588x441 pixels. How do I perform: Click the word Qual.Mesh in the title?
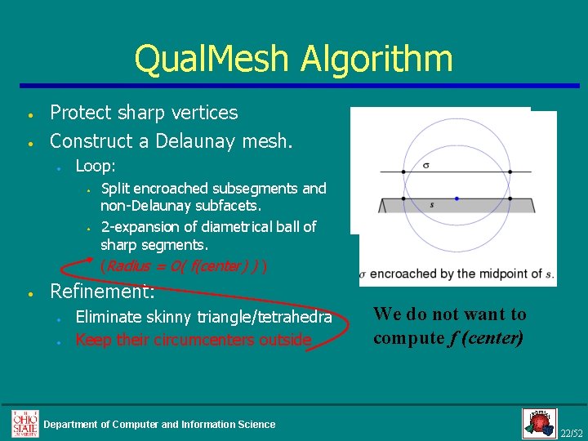[x=212, y=60]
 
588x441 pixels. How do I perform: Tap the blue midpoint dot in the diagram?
[x=457, y=198]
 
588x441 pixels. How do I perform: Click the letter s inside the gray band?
[x=431, y=204]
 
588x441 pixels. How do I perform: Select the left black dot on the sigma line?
[x=403, y=172]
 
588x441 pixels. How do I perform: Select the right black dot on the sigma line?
[x=510, y=172]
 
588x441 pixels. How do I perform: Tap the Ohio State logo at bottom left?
[x=24, y=423]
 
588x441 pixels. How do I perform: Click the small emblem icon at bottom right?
[x=538, y=423]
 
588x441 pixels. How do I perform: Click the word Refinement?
[x=102, y=290]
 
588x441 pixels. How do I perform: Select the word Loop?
[x=95, y=166]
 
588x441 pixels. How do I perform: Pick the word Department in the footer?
[x=73, y=425]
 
